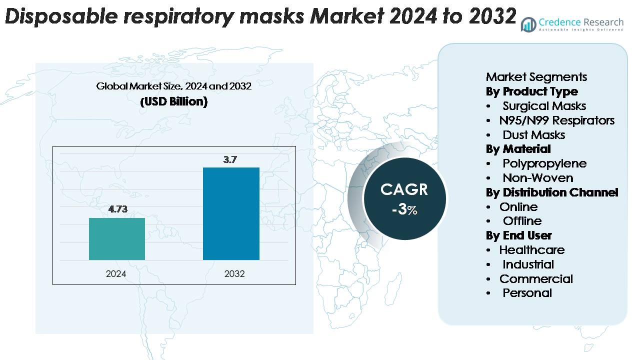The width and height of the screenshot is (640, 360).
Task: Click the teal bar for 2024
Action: tap(117, 239)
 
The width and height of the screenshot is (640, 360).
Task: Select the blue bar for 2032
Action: tap(231, 213)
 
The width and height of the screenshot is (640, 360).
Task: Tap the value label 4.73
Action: tap(118, 209)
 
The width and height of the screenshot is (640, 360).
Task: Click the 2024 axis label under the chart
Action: tap(116, 274)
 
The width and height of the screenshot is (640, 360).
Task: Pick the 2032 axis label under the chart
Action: tap(234, 274)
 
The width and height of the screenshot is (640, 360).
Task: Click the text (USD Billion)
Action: tap(173, 101)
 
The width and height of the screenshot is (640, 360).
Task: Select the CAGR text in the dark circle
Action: tap(404, 189)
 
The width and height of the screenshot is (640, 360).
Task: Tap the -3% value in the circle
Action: tap(404, 209)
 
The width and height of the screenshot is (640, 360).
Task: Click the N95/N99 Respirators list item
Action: tap(556, 120)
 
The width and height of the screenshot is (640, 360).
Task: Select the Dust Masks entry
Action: tap(533, 135)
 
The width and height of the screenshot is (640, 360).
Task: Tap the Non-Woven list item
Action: tap(537, 178)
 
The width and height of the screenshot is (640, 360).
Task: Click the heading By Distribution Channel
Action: tap(552, 192)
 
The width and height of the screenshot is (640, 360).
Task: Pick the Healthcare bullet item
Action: tap(531, 250)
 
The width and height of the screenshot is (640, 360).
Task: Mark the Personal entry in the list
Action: tap(527, 293)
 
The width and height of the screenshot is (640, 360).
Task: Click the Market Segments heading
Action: tap(536, 77)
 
